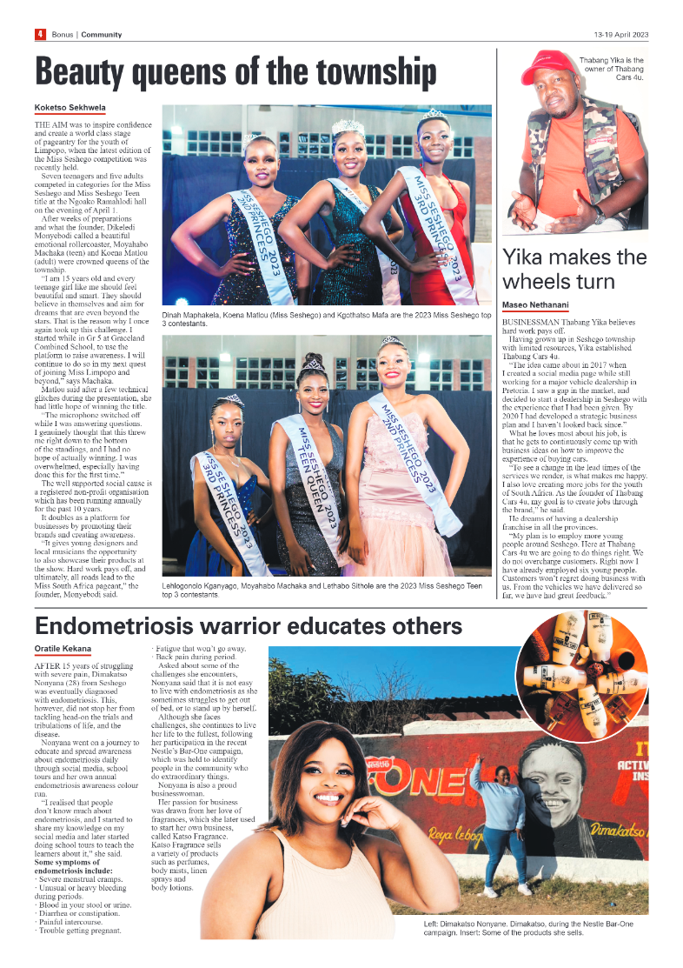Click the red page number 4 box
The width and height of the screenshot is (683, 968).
pos(40,34)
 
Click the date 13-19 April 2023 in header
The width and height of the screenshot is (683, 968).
pos(620,35)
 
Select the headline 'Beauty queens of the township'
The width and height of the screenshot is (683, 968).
pos(235,72)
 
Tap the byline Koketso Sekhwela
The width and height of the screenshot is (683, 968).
pos(70,108)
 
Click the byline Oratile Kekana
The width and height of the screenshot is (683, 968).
pos(63,649)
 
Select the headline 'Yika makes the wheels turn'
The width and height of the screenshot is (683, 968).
pos(574,269)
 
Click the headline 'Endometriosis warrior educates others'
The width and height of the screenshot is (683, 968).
pos(248,625)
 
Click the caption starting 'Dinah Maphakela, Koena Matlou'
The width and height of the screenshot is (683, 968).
pos(326,318)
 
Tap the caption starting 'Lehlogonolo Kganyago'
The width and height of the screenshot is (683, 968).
pos(326,589)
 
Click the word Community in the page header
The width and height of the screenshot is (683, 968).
pos(101,35)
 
